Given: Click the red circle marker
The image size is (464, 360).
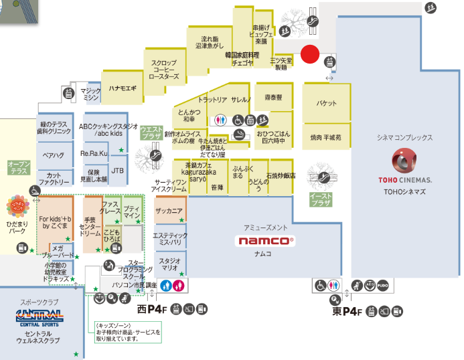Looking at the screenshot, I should click(x=309, y=54).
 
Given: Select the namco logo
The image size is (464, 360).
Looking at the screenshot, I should click(x=267, y=240).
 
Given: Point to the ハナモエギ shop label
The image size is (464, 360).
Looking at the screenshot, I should click(x=123, y=88).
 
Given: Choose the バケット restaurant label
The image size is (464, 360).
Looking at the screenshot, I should click(x=327, y=104).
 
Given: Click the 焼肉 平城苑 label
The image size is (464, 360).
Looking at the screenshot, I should click(x=326, y=137).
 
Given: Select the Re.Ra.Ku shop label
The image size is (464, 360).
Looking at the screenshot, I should click(x=94, y=154).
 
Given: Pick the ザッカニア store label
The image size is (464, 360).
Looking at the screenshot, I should click(x=169, y=211).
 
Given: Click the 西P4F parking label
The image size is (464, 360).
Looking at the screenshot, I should click(x=151, y=310).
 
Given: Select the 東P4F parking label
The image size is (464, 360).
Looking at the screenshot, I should click(x=346, y=312).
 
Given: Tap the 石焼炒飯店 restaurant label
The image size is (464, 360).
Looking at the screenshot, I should click(x=281, y=176).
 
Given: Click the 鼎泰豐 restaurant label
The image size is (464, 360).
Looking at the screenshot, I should click(x=273, y=98).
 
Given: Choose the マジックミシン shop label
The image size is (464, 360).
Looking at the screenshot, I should click(x=91, y=94).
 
